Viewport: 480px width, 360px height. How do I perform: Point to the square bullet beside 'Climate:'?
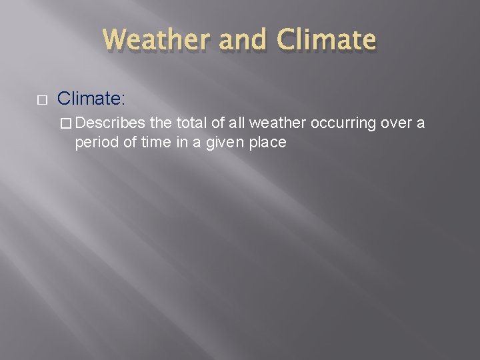coord(41,100)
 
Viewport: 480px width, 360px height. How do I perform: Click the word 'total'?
coord(192,123)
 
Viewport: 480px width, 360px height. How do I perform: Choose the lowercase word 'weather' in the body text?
coord(275,123)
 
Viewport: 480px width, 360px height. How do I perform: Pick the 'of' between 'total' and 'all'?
coord(217,123)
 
